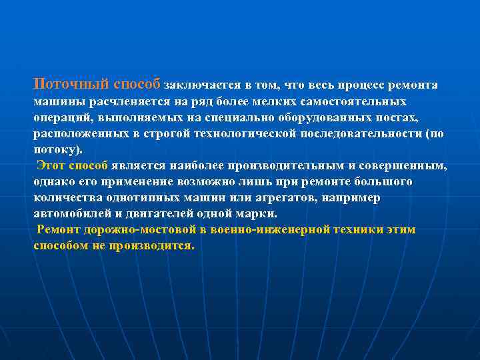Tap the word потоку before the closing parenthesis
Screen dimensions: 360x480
click(56, 150)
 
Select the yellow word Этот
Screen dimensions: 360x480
click(51, 165)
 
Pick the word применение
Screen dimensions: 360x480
click(138, 181)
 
